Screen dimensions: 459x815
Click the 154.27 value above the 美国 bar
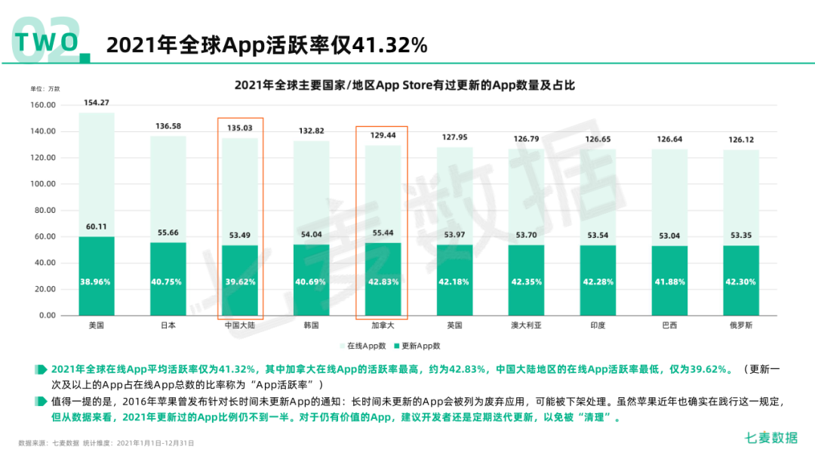point(97,103)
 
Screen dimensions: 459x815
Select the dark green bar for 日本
point(168,279)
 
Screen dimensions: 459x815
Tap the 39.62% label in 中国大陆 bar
point(240,282)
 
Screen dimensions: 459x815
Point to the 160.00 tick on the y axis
point(45,105)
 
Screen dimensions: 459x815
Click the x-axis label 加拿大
point(383,325)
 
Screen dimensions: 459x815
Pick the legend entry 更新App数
point(420,346)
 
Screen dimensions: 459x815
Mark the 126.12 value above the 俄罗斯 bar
point(741,140)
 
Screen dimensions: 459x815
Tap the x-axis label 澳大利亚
point(526,325)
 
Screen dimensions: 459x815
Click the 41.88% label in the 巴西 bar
point(669,282)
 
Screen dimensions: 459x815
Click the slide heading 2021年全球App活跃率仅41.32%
point(267,45)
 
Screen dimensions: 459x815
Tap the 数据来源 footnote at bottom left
point(106,443)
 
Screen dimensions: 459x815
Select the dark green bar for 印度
point(598,280)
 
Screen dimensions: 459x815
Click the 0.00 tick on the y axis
point(47,316)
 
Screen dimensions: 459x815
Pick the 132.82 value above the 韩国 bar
point(311,131)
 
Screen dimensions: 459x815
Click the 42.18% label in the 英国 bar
point(454,282)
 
